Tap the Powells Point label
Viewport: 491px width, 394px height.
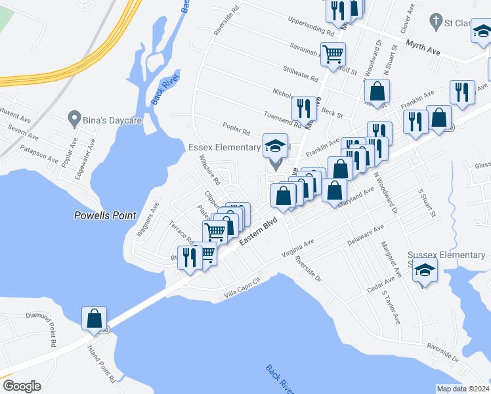105,215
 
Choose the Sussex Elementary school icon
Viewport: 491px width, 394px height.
425,271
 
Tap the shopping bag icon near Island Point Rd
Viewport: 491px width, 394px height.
94,318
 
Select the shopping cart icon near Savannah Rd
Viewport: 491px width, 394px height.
333,54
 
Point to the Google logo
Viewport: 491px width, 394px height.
22,386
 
